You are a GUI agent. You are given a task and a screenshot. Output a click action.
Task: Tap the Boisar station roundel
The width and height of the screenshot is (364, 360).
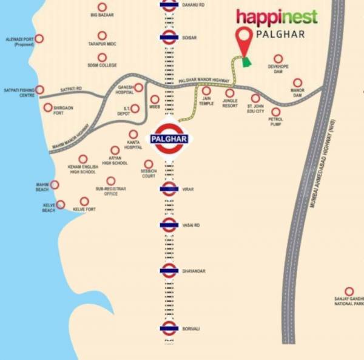[x=169, y=38]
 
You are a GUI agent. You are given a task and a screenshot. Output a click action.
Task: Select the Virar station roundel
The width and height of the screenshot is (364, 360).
[x=169, y=189]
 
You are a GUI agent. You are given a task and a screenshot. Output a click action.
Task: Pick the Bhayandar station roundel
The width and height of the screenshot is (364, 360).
[x=169, y=270]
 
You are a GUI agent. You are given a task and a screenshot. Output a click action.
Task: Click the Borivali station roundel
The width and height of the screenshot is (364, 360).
[x=169, y=328]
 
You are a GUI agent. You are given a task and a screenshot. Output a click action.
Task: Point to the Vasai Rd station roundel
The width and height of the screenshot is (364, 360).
[x=169, y=225]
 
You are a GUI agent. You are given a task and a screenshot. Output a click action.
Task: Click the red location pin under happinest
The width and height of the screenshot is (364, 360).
[x=244, y=41]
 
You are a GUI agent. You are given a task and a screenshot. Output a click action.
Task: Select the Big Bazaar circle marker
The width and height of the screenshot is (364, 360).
[x=102, y=5]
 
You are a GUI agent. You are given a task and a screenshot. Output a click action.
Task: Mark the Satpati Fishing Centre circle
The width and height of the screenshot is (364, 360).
[x=40, y=90]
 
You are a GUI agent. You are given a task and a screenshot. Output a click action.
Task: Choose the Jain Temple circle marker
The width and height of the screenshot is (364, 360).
[x=206, y=91]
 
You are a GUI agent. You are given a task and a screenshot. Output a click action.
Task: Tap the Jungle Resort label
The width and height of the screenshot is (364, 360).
[x=229, y=103]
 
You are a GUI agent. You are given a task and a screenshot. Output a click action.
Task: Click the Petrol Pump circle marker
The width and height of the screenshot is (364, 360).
[x=276, y=112]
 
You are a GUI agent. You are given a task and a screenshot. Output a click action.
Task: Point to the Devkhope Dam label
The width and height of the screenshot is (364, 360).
[x=278, y=69]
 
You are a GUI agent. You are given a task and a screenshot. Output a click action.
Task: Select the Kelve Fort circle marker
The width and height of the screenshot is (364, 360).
[x=84, y=201]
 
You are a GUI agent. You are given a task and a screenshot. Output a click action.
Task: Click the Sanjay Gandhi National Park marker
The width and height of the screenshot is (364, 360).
[x=349, y=291]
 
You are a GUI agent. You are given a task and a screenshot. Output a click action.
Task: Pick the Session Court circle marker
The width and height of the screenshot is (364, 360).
[x=149, y=164]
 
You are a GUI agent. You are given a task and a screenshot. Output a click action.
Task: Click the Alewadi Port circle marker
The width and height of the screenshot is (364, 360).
[x=39, y=38]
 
